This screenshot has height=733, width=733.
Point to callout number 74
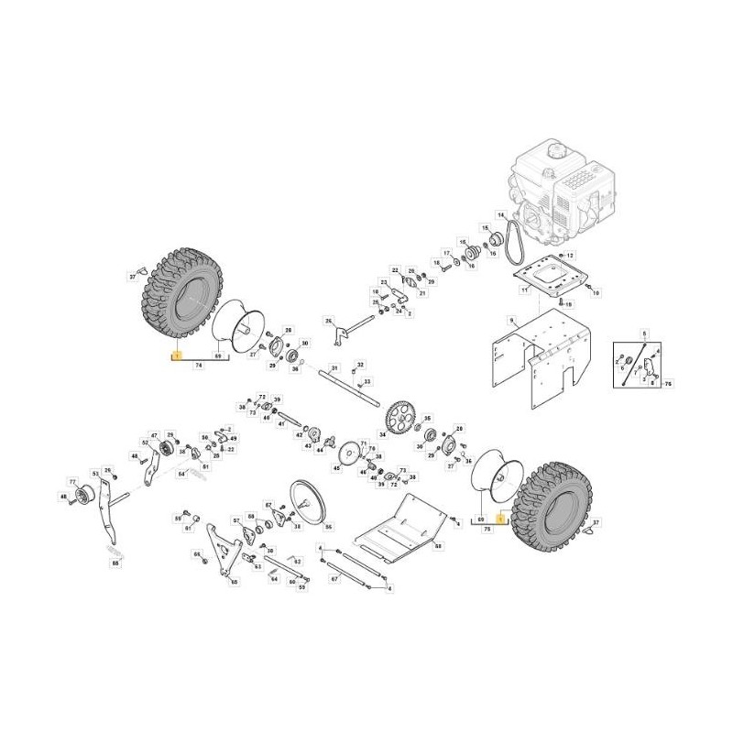click(x=198, y=365)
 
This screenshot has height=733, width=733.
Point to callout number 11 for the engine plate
click(x=524, y=290)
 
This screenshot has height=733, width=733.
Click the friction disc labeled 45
click(x=348, y=455)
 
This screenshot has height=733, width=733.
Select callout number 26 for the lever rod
click(x=327, y=321)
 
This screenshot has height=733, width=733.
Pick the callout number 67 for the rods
click(x=334, y=578)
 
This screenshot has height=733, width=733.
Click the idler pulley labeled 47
click(x=168, y=449)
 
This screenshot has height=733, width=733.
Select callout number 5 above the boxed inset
click(x=644, y=334)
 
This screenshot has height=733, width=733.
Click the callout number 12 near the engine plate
click(x=569, y=255)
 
